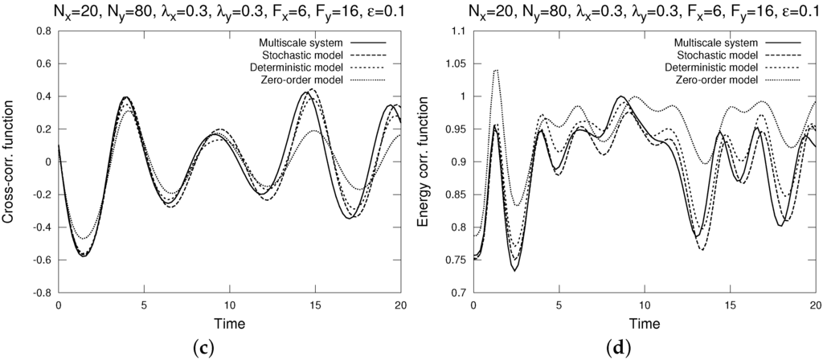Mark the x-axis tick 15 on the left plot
coord(314,306)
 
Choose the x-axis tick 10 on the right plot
coord(645,306)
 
